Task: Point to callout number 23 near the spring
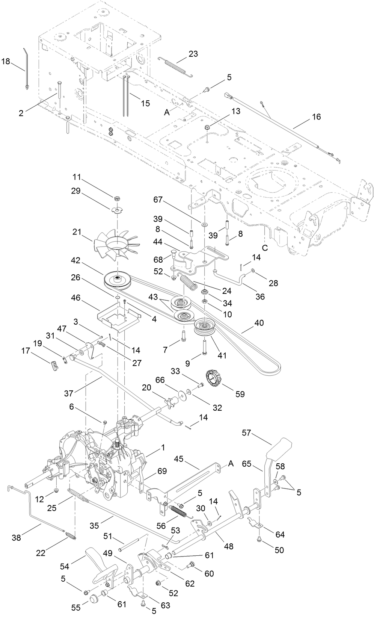[x=193, y=54]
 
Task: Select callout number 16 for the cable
[x=316, y=117]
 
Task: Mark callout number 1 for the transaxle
[x=163, y=448]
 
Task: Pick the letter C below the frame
[x=265, y=248]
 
